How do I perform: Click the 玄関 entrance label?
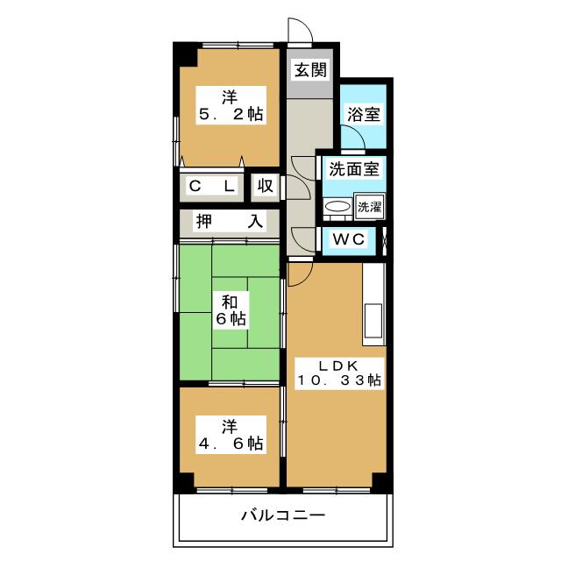(309, 69)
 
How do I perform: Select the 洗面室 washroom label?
(348, 170)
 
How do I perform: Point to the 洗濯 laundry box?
(368, 208)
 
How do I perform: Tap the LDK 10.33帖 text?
(337, 372)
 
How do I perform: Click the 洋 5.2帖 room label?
(230, 104)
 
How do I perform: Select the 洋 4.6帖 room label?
(230, 435)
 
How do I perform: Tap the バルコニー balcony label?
(282, 515)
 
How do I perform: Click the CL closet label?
(211, 186)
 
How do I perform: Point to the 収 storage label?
(266, 186)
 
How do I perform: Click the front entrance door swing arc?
(301, 29)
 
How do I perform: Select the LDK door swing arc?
(298, 274)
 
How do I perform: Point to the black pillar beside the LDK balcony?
(381, 480)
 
